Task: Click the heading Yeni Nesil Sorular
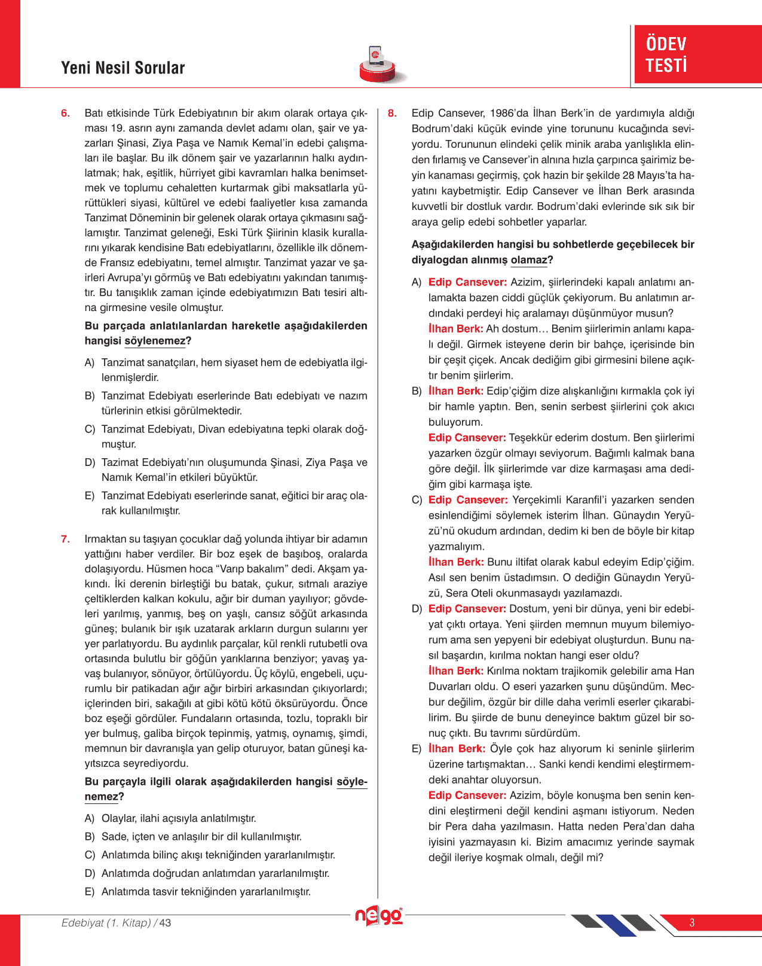point(123,68)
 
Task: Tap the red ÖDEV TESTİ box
point(697,54)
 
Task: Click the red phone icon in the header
point(377,63)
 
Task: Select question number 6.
point(65,114)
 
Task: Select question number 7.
point(65,540)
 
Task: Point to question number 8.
point(392,114)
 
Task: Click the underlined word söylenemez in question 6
point(155,342)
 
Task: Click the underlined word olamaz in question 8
point(529,260)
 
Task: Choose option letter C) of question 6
point(90,429)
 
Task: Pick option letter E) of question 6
point(90,496)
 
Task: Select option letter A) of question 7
point(90,818)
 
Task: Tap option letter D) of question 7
point(90,873)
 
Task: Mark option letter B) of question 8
point(417,391)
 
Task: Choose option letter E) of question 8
point(417,749)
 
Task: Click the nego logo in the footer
point(379,916)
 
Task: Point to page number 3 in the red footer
point(692,923)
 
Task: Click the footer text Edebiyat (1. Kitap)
point(106,923)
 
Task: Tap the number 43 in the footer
point(165,923)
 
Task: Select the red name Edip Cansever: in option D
point(467,609)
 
